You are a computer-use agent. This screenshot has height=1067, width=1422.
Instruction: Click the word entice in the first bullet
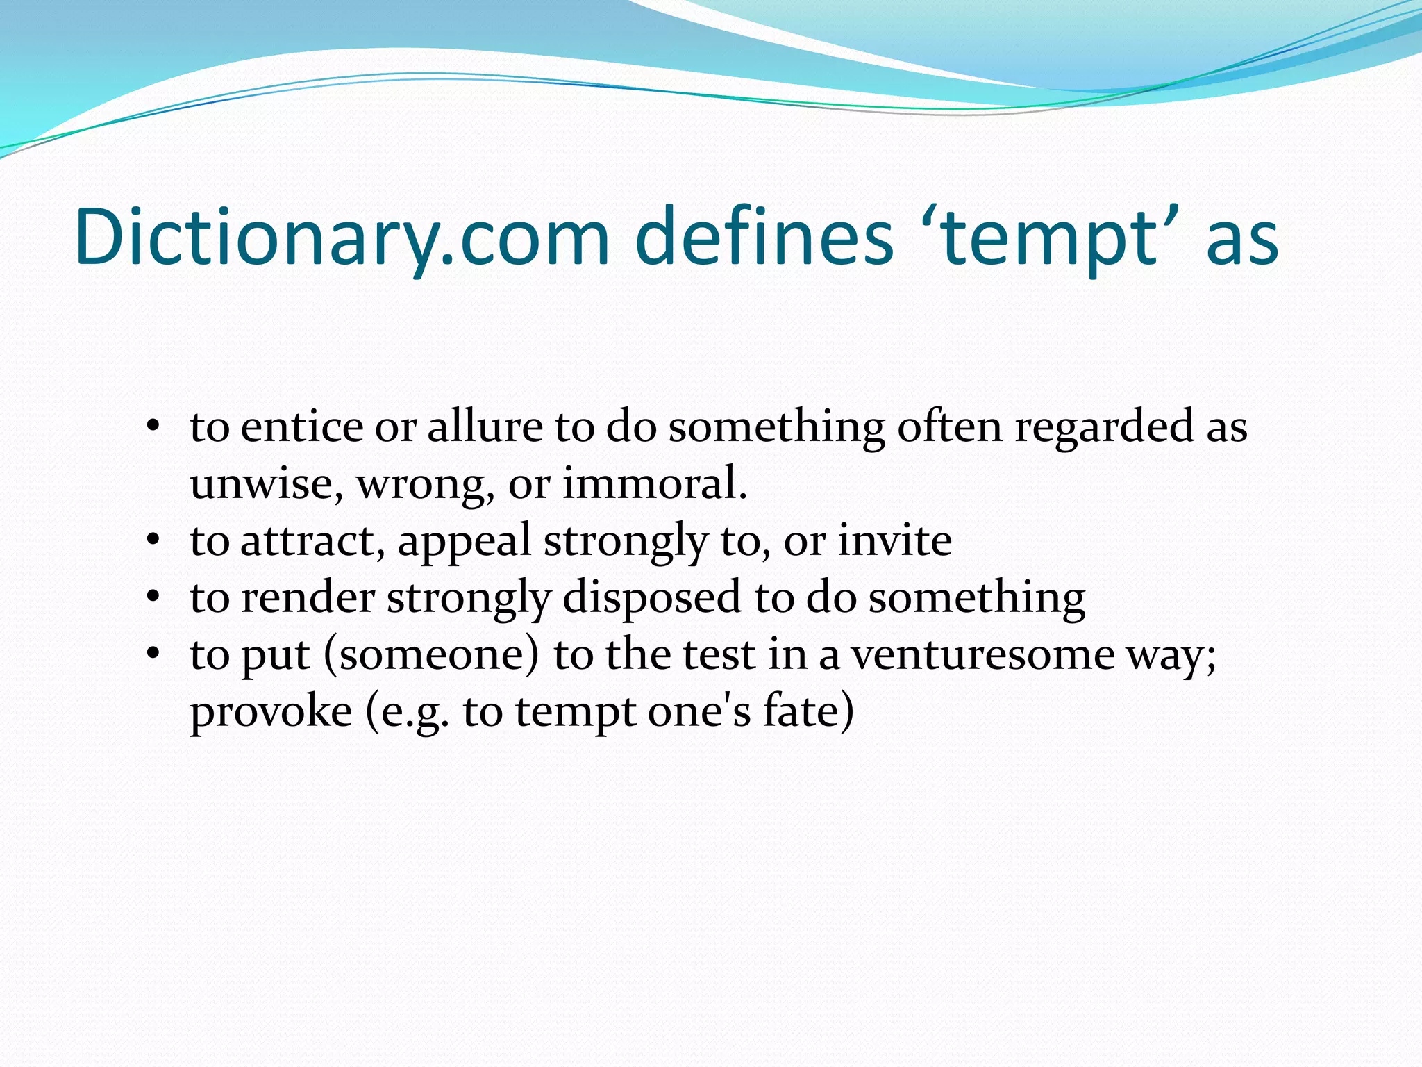click(x=301, y=427)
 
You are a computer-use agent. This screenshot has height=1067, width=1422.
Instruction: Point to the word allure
click(x=485, y=427)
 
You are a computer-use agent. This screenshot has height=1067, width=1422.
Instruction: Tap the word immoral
click(x=654, y=483)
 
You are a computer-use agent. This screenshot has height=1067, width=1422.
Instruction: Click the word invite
click(x=894, y=540)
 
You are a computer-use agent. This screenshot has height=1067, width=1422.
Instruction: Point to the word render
click(x=308, y=597)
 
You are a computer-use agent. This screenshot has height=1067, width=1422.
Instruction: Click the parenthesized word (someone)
click(x=431, y=654)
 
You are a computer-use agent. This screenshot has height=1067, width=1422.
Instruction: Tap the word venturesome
click(x=982, y=654)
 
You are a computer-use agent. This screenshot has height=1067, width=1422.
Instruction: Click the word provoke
click(x=271, y=713)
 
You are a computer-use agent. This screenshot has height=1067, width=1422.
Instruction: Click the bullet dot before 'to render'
click(x=153, y=597)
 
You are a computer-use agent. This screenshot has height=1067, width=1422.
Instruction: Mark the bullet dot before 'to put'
click(x=153, y=654)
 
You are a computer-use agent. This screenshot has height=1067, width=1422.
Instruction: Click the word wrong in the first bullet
click(x=425, y=485)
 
